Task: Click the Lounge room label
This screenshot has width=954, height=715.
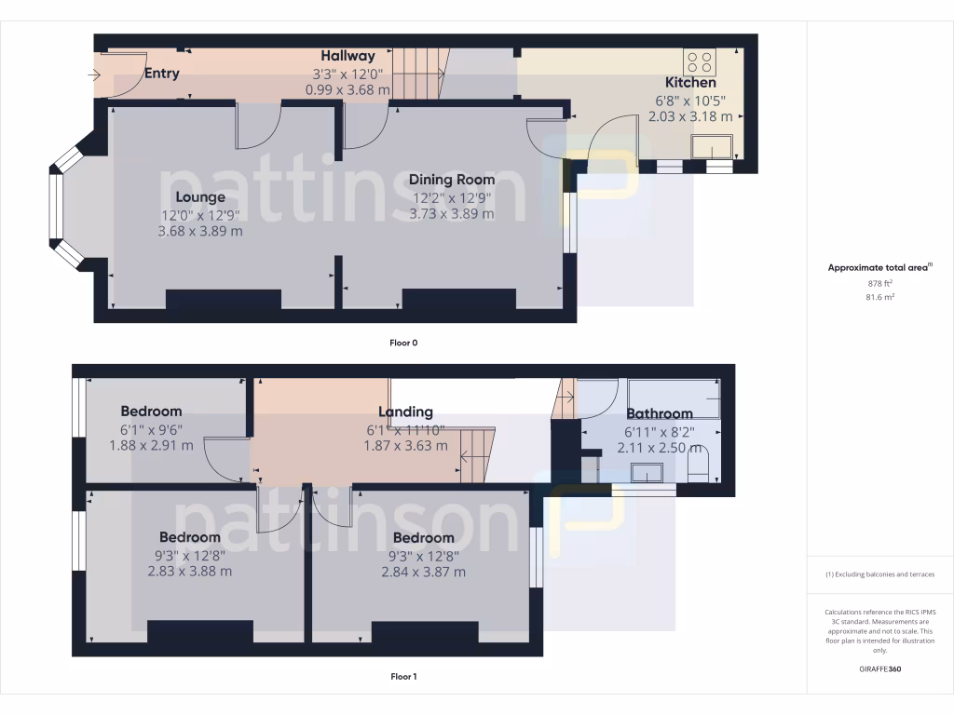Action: tap(200, 197)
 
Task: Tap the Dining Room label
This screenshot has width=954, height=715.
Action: tap(452, 180)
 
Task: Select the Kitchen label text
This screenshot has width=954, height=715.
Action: tap(690, 83)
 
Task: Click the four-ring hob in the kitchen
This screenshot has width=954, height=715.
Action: tap(700, 62)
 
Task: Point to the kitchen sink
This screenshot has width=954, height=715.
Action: tap(711, 146)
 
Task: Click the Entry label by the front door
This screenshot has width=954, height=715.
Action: tap(161, 74)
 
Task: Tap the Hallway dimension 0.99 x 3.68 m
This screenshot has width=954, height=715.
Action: tap(348, 89)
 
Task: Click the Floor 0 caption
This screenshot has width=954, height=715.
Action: tap(403, 343)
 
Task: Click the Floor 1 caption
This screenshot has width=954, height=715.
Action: tap(403, 676)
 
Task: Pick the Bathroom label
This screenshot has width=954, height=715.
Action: tap(659, 413)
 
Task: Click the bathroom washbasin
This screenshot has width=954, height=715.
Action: tap(647, 473)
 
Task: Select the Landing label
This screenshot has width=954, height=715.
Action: tap(405, 411)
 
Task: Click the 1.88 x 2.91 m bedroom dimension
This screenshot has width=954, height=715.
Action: tap(151, 445)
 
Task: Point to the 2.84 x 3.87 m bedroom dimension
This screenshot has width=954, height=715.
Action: tap(423, 572)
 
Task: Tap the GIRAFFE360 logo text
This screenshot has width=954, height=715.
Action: tap(879, 668)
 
